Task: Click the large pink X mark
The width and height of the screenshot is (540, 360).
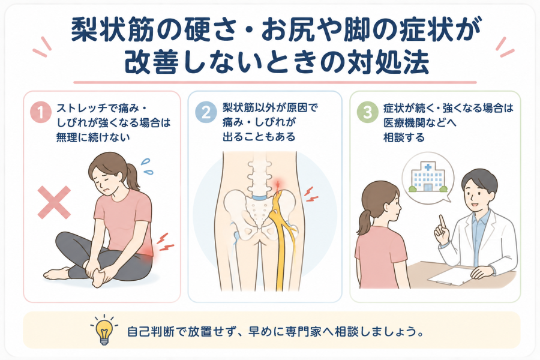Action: pyautogui.click(x=54, y=203)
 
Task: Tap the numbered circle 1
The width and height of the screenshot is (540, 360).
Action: pyautogui.click(x=41, y=112)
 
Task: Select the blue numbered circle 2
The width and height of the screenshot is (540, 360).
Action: pyautogui.click(x=206, y=112)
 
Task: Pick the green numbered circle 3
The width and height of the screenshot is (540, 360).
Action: pyautogui.click(x=367, y=112)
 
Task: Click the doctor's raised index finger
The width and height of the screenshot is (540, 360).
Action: pyautogui.click(x=442, y=223)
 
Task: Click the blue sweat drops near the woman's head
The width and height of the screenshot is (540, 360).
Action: pyautogui.click(x=147, y=166)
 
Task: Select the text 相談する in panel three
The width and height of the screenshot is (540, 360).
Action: pyautogui.click(x=404, y=138)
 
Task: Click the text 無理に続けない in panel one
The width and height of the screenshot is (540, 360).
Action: pyautogui.click(x=93, y=138)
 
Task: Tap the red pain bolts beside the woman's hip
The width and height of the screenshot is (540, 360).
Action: pyautogui.click(x=165, y=242)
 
